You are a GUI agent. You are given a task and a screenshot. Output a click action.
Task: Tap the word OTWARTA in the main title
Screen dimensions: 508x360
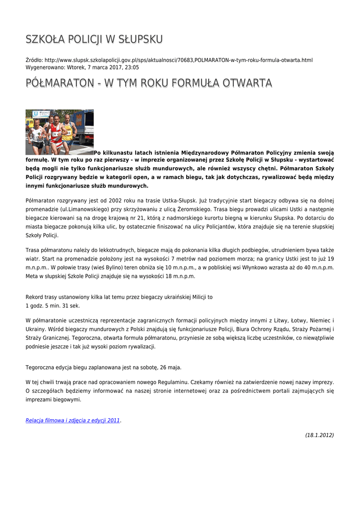click(x=240, y=83)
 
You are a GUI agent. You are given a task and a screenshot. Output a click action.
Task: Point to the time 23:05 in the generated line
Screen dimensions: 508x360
click(x=132, y=67)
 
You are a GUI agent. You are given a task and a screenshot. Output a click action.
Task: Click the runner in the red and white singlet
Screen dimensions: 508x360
click(x=56, y=133)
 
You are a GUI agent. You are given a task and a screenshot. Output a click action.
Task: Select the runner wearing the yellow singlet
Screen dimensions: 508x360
click(x=68, y=131)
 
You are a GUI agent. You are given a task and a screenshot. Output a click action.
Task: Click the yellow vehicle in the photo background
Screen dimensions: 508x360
click(x=29, y=123)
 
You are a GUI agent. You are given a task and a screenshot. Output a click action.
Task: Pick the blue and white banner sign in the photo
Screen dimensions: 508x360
click(x=41, y=114)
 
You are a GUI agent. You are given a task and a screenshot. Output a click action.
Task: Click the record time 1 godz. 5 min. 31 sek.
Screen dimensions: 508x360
click(x=53, y=306)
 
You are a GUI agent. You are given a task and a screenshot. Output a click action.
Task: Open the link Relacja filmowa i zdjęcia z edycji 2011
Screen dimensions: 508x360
click(x=72, y=420)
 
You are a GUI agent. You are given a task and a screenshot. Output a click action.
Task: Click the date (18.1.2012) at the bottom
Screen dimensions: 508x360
click(x=319, y=435)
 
